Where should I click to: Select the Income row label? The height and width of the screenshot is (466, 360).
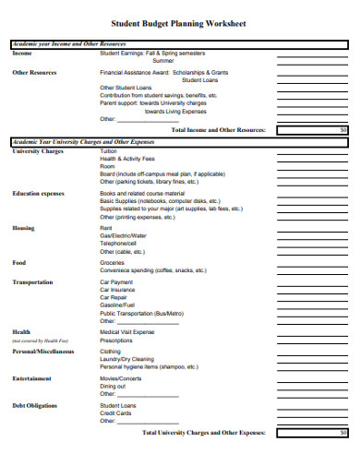pyautogui.click(x=22, y=54)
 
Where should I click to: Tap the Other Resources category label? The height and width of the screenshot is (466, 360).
pyautogui.click(x=34, y=72)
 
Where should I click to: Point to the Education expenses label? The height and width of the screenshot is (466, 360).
pyautogui.click(x=38, y=193)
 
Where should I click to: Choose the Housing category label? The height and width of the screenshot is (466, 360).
pyautogui.click(x=23, y=227)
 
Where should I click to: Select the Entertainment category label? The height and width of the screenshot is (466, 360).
pyautogui.click(x=31, y=377)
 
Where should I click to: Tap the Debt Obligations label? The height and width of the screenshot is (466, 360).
pyautogui.click(x=34, y=405)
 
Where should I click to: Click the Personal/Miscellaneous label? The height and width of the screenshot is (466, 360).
pyautogui.click(x=42, y=352)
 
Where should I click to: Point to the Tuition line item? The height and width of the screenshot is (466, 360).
pyautogui.click(x=109, y=151)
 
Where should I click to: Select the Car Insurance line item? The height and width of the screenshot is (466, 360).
pyautogui.click(x=117, y=290)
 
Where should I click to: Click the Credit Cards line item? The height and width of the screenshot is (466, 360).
pyautogui.click(x=115, y=412)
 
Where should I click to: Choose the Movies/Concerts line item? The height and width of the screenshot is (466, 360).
pyautogui.click(x=121, y=378)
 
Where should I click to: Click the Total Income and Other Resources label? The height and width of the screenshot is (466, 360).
pyautogui.click(x=219, y=130)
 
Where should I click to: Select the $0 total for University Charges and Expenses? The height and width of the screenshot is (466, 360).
pyautogui.click(x=342, y=431)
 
